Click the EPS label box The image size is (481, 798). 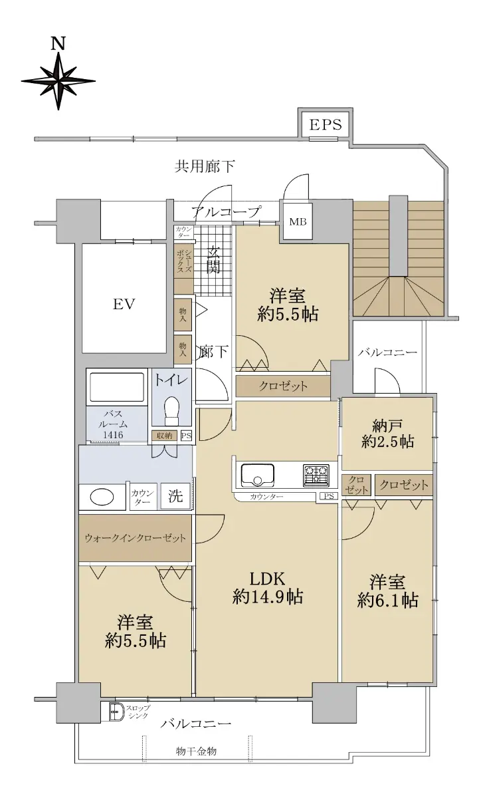pyautogui.click(x=326, y=124)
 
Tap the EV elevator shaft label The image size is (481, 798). pyautogui.click(x=124, y=305)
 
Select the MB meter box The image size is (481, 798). pyautogui.click(x=298, y=221)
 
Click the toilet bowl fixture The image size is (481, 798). pyautogui.click(x=171, y=410)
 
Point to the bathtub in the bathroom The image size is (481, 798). pyautogui.click(x=117, y=387)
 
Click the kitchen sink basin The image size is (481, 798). pyautogui.click(x=257, y=475)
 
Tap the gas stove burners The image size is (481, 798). pyautogui.click(x=316, y=475)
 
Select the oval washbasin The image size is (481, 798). pyautogui.click(x=102, y=497)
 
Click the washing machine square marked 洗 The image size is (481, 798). pyautogui.click(x=175, y=496)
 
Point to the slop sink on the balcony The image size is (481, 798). pyautogui.click(x=116, y=712)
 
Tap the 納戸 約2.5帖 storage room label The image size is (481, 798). pyautogui.click(x=387, y=434)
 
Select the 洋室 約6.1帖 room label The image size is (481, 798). pyautogui.click(x=387, y=591)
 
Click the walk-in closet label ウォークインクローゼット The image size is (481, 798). pyautogui.click(x=136, y=538)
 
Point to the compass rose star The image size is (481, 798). pyautogui.click(x=58, y=81)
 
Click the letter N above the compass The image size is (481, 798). pyautogui.click(x=58, y=44)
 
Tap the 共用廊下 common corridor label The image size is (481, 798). pyautogui.click(x=205, y=166)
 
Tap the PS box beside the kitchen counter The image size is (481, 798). pyautogui.click(x=328, y=496)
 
